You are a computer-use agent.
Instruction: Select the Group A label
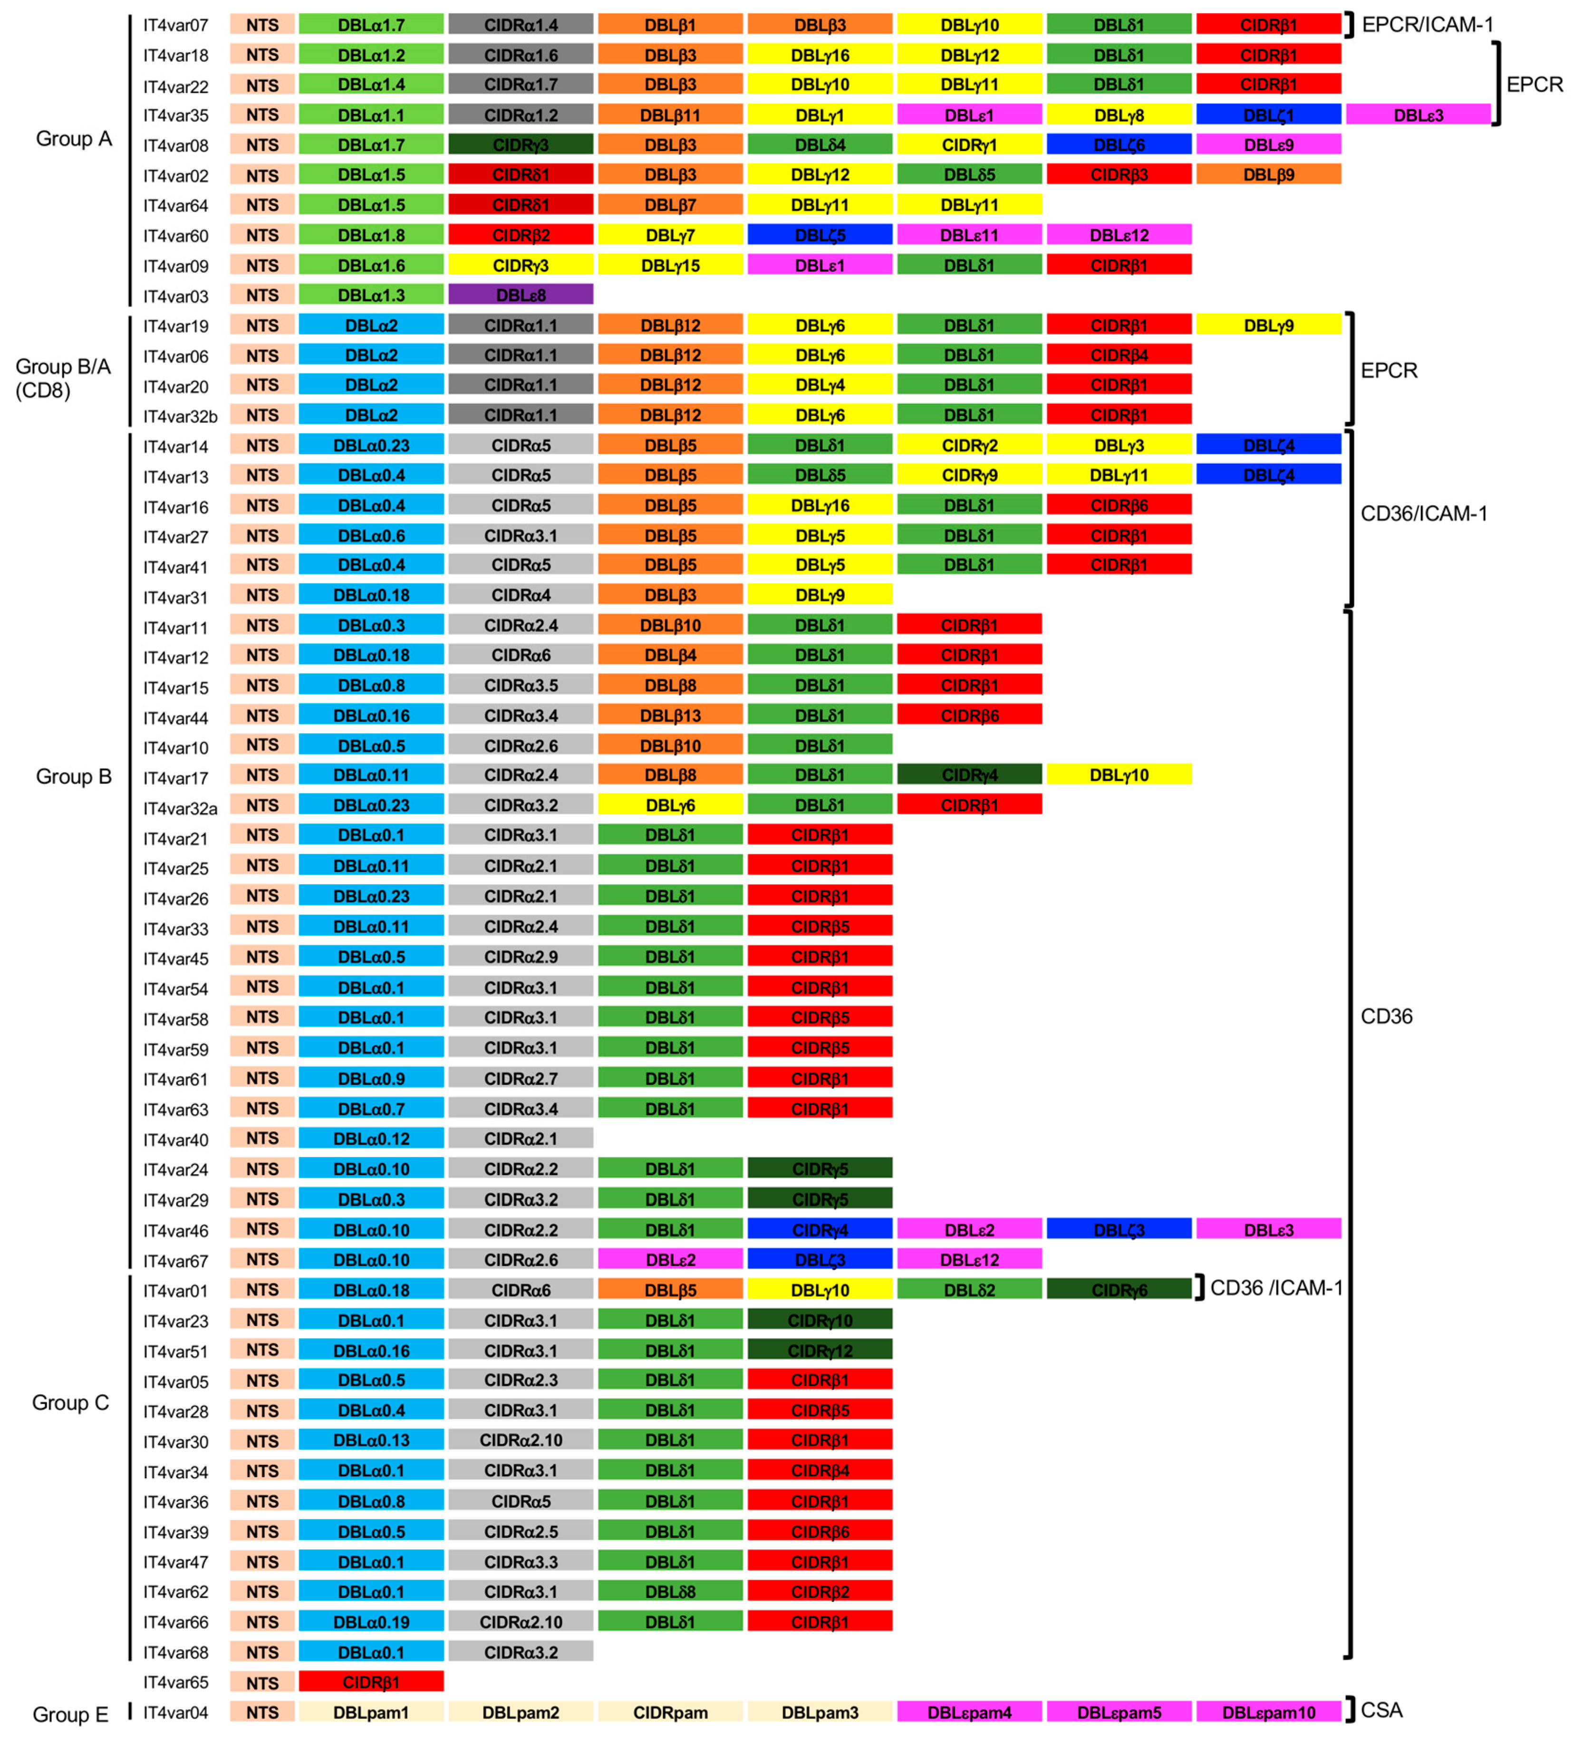pos(73,139)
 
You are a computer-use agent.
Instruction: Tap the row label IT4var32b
pos(180,417)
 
